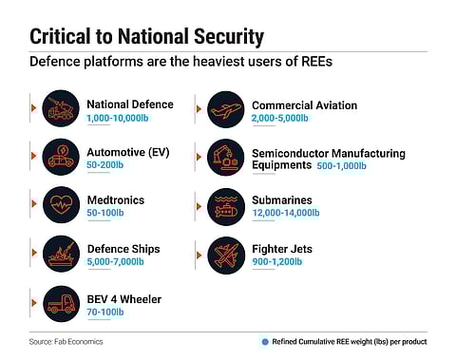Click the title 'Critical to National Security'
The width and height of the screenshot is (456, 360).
tap(146, 37)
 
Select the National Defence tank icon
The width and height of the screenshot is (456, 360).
tap(61, 109)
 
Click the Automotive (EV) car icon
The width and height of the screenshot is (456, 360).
tap(61, 158)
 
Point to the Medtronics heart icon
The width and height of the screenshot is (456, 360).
tap(61, 205)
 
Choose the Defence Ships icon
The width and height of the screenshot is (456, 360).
tap(61, 254)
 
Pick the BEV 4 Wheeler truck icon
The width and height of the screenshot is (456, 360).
tap(61, 303)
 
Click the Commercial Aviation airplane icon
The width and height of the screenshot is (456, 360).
tap(226, 109)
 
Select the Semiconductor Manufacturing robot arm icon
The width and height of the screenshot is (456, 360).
tap(226, 158)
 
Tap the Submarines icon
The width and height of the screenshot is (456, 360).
tap(226, 205)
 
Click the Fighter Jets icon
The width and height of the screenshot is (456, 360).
tap(226, 254)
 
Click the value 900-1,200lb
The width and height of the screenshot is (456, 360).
tap(281, 262)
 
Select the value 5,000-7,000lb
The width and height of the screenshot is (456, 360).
tap(115, 262)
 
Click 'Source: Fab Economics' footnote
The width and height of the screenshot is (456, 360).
tap(66, 339)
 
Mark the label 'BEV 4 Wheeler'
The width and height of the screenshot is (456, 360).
tap(124, 299)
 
